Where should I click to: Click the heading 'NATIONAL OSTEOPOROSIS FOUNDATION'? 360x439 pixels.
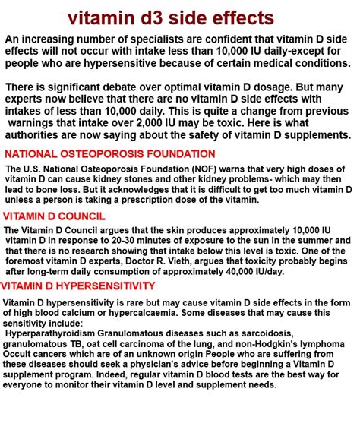(109, 153)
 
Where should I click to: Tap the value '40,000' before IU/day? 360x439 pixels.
(261, 270)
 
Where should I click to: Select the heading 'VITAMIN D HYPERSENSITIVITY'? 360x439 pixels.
(77, 286)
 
